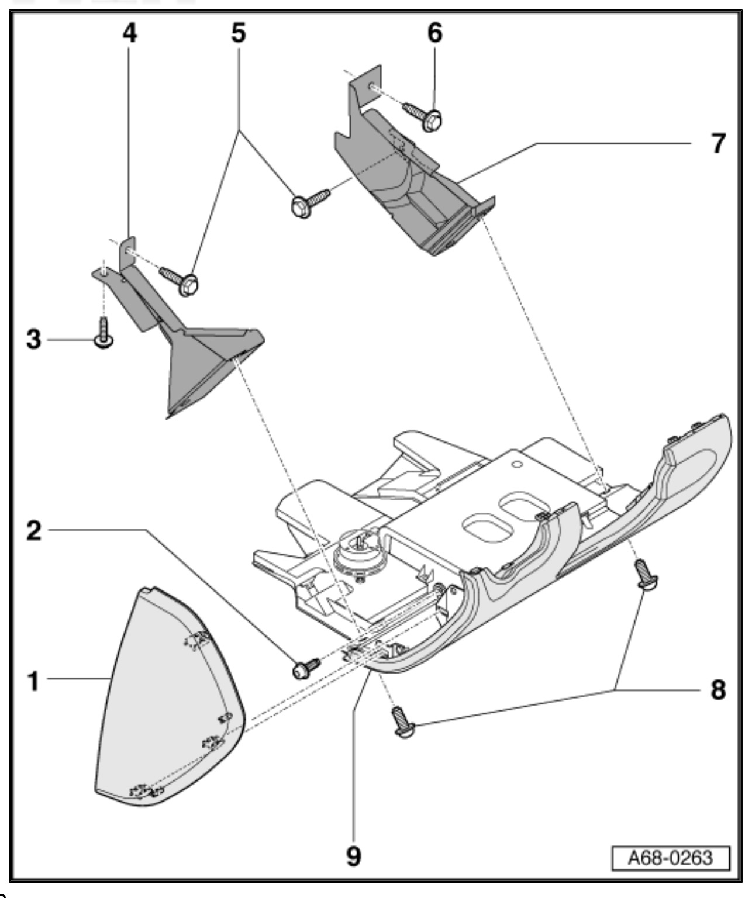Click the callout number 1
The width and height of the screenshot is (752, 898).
coord(35,681)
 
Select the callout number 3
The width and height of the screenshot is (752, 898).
coord(35,340)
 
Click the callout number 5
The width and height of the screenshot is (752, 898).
coord(239,33)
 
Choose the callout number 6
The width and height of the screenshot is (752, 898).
coord(434,33)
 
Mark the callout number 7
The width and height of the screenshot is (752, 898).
coord(718,143)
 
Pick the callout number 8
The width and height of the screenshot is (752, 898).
coord(718,690)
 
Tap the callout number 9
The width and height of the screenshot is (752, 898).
coord(354,856)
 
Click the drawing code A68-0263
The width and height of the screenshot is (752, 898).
coord(670,858)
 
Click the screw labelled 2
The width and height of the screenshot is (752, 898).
coord(304,669)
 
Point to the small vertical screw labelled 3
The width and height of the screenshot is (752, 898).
coord(104,334)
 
